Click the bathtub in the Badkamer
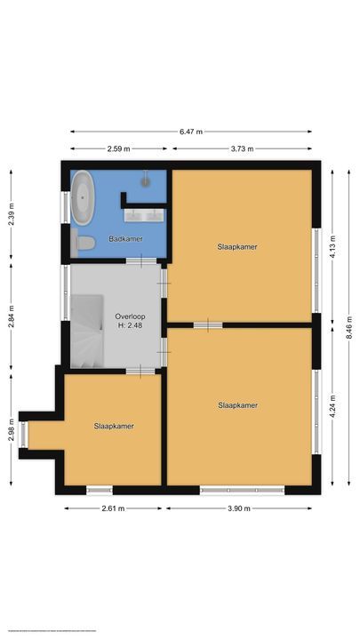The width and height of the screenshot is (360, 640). point(84,196)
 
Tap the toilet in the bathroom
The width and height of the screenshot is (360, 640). point(85,242)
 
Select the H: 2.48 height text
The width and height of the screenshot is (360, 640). point(129,325)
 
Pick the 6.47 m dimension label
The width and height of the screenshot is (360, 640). point(190,132)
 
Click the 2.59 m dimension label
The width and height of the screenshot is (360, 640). point(118,149)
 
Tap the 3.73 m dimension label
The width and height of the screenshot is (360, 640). point(239,149)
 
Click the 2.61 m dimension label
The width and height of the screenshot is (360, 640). point(113,508)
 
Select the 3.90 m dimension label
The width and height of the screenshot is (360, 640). point(238,508)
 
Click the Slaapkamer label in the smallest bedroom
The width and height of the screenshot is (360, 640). point(114,426)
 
